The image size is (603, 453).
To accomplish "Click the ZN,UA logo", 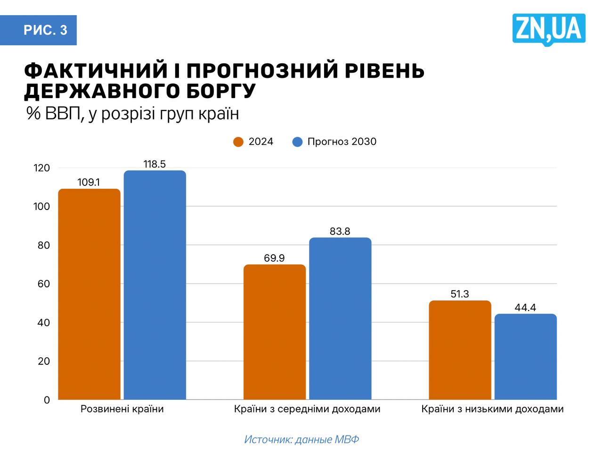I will coord(549,29).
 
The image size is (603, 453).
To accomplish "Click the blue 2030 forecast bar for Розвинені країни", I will coord(155,285).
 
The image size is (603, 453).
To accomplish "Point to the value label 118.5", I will coord(155,164).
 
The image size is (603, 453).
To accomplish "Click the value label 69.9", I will coord(274,258).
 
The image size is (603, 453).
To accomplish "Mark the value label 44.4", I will coord(525,308).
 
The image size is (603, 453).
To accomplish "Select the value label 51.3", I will coord(460,294).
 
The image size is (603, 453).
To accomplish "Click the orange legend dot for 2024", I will coord(238,142).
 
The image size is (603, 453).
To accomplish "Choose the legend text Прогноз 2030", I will coord(342,142).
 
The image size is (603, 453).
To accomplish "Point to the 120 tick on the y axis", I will coord(41,168).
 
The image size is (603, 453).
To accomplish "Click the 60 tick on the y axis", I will coord(43,284).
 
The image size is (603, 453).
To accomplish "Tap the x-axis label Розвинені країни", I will coord(122,409).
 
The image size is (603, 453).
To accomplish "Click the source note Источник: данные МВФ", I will coord(301,439).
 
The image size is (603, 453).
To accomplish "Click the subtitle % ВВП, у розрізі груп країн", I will coord(133,114).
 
